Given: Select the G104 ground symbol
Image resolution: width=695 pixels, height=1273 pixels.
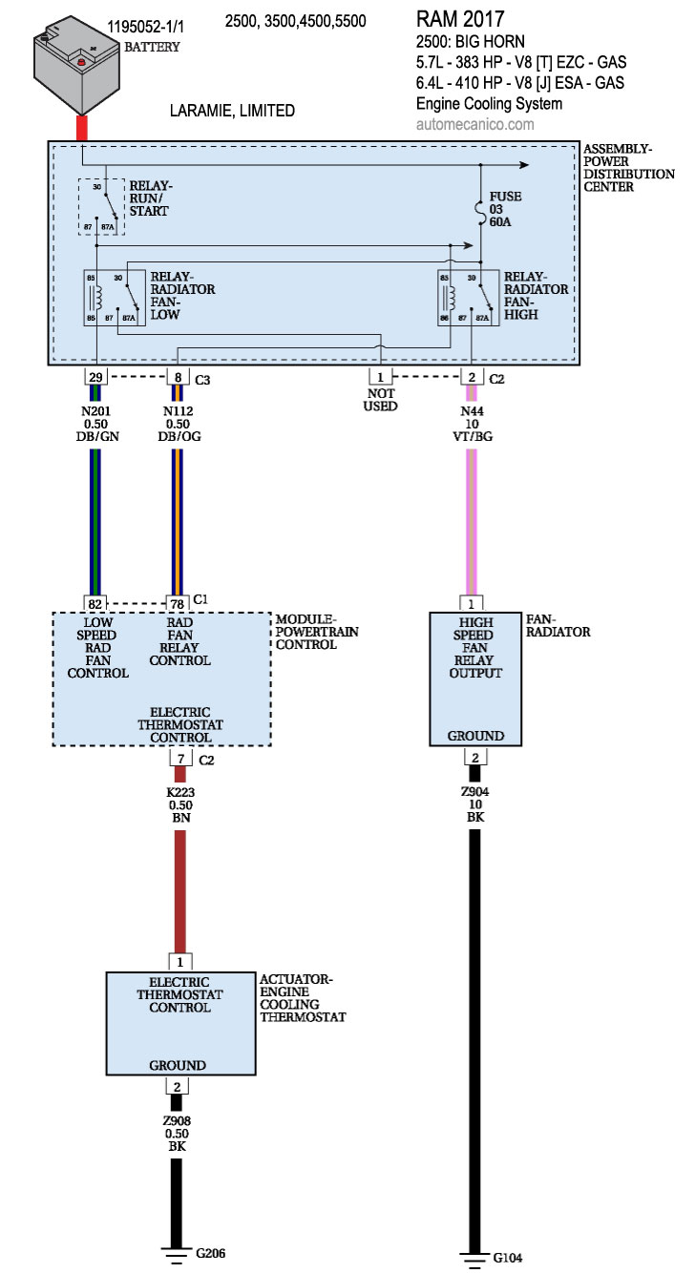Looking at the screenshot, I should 473,1257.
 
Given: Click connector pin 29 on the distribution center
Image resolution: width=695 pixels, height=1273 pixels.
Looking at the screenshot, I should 95,377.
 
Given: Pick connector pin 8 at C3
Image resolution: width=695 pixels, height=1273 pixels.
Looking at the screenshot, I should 177,377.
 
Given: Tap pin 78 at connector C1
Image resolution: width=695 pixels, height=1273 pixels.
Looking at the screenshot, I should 177,603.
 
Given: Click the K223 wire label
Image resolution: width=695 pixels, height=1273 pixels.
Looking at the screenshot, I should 179,792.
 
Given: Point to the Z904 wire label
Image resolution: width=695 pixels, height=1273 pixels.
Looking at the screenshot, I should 474,791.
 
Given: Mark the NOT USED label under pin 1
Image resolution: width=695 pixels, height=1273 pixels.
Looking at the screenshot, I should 379,399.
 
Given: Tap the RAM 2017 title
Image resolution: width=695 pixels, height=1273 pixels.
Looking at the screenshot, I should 461,18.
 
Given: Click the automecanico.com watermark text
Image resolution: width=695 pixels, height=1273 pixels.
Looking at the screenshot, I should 475,124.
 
